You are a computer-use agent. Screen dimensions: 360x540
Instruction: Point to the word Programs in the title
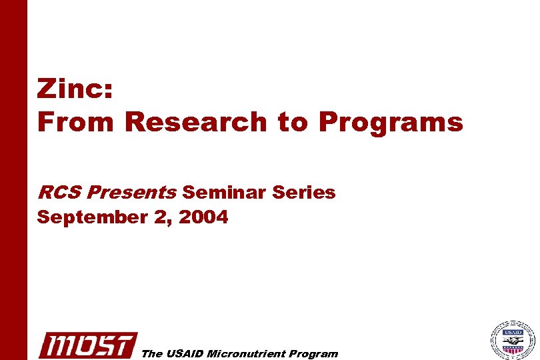pyautogui.click(x=390, y=123)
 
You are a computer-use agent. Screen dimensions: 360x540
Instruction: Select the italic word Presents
pyautogui.click(x=131, y=193)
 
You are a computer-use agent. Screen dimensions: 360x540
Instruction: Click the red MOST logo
pyautogui.click(x=87, y=345)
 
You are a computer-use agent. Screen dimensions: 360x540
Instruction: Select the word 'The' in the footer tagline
pyautogui.click(x=152, y=354)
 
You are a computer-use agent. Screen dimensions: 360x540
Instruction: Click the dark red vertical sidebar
pyautogui.click(x=13, y=180)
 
